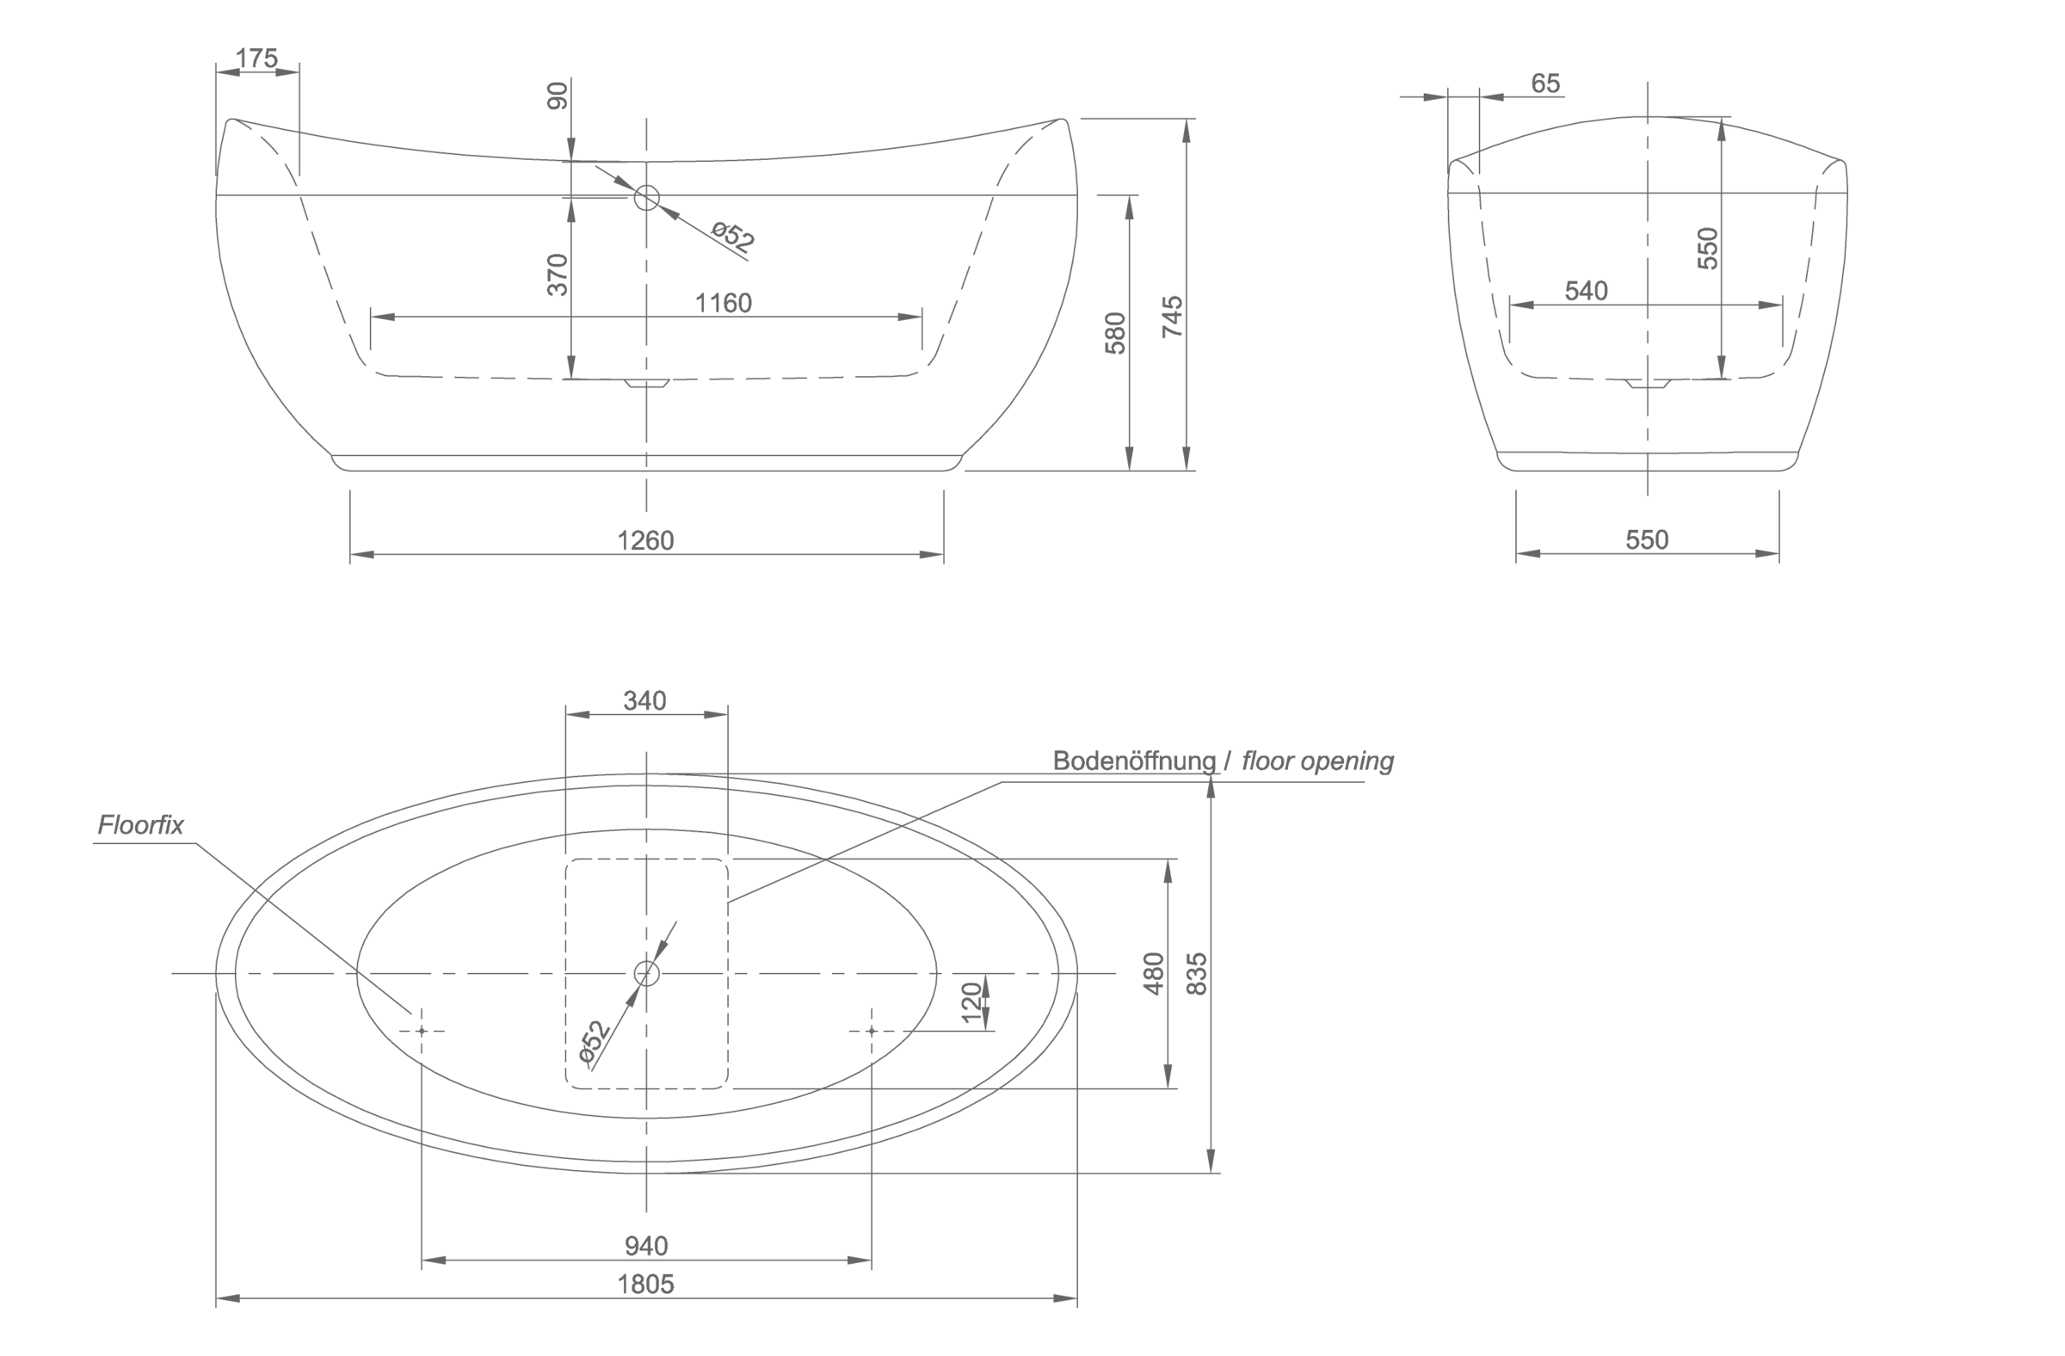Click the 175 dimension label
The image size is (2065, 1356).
point(256,59)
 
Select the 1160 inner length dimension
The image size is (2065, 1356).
point(723,303)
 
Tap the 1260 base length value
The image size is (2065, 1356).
point(644,540)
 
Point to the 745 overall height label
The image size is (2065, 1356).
point(1172,317)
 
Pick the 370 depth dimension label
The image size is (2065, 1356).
point(557,274)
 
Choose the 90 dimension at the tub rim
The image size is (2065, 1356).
point(557,96)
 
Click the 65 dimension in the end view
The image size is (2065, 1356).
point(1545,83)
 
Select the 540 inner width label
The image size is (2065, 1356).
point(1586,291)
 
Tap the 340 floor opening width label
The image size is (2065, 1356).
point(644,700)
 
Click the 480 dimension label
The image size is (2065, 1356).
point(1153,973)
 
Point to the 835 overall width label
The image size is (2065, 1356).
point(1196,973)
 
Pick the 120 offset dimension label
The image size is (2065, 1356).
point(971,1002)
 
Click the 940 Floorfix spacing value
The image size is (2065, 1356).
point(646,1246)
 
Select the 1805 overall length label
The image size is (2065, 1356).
point(645,1284)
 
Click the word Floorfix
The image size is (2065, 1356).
point(140,825)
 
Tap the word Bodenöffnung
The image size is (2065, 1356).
point(1134,761)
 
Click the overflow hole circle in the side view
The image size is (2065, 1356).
point(646,198)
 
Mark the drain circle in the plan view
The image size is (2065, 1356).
point(646,973)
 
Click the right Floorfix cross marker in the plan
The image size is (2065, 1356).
point(871,1031)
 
